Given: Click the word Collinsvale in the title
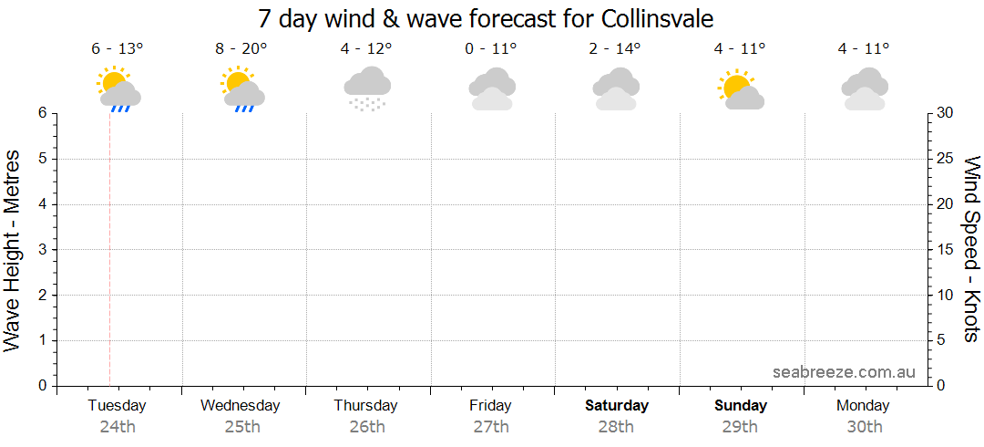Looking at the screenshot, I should pyautogui.click(x=658, y=18).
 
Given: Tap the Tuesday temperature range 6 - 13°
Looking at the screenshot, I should pyautogui.click(x=118, y=48).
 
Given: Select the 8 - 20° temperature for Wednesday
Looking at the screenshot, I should pyautogui.click(x=241, y=48).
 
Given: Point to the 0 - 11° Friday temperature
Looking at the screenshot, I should pyautogui.click(x=490, y=48).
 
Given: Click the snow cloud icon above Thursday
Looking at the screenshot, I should pyautogui.click(x=367, y=88).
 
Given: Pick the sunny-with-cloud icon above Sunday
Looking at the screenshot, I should pyautogui.click(x=741, y=89).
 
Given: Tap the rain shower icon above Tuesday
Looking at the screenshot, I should pyautogui.click(x=118, y=89).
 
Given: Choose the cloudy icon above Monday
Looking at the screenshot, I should pyautogui.click(x=864, y=89).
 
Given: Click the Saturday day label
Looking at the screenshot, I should pyautogui.click(x=617, y=405).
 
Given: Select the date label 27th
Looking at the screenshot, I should pyautogui.click(x=491, y=426).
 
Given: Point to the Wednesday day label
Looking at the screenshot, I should pyautogui.click(x=240, y=405).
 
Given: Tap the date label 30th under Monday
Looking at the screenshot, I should pyautogui.click(x=864, y=426).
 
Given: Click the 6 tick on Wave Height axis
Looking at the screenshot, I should pyautogui.click(x=42, y=113).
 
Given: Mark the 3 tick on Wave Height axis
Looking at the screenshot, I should pyautogui.click(x=42, y=250).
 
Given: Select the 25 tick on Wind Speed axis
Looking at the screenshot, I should pyautogui.click(x=945, y=159).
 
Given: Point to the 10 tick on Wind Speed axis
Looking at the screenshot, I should pyautogui.click(x=945, y=295).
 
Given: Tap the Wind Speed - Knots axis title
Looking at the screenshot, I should pyautogui.click(x=971, y=248).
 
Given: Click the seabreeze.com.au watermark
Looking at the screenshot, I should pyautogui.click(x=844, y=371).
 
